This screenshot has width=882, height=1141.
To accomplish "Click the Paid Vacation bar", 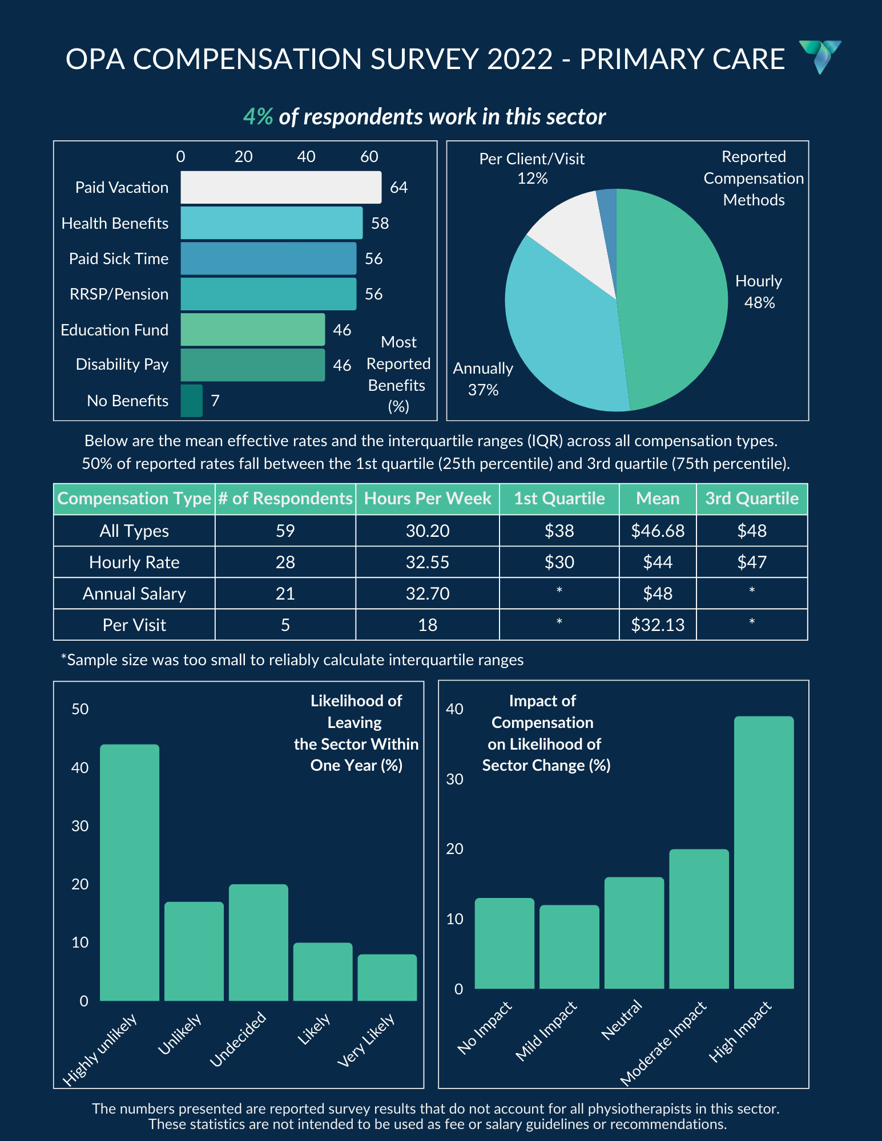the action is tap(281, 187).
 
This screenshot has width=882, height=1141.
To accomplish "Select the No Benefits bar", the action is tap(192, 400).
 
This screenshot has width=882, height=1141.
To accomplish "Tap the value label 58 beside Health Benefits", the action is tap(380, 223).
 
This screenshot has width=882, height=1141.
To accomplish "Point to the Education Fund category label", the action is tap(114, 330).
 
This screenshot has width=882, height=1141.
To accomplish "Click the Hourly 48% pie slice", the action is tap(674, 297).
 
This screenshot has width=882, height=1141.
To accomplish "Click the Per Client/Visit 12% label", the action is tap(532, 168).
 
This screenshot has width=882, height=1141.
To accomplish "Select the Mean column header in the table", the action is tap(658, 499).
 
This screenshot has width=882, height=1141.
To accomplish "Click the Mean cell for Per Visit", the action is tap(658, 625).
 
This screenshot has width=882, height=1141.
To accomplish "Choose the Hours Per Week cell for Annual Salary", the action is tap(428, 593).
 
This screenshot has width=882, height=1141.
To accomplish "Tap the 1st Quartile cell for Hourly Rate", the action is tap(559, 562).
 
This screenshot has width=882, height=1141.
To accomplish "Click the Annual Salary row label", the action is tap(134, 593).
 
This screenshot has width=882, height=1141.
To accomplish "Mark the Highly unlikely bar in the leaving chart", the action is tap(130, 873).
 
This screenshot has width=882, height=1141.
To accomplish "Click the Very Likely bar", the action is tap(387, 978).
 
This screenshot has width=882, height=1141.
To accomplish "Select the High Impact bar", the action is tap(764, 852).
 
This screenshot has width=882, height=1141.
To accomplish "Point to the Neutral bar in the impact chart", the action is tap(634, 933).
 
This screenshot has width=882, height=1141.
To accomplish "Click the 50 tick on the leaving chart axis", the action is tap(80, 709).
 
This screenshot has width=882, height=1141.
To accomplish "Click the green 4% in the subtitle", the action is tap(258, 116).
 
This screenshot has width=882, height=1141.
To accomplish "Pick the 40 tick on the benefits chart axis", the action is tap(306, 156).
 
